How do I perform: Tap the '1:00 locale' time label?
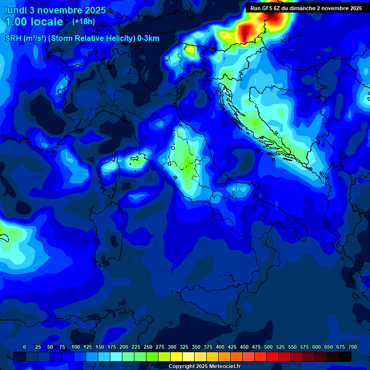(x=34, y=22)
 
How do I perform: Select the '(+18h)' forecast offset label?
(x=83, y=21)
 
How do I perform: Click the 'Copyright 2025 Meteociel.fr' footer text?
(x=204, y=366)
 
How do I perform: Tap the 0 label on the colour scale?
(x=25, y=347)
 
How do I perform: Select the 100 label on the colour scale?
(x=76, y=347)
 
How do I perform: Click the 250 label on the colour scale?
(x=148, y=347)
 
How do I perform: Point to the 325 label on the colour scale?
(x=184, y=347)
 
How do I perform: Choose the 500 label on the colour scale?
(x=268, y=347)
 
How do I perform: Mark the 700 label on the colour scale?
(x=352, y=347)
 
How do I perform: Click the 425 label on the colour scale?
(x=232, y=347)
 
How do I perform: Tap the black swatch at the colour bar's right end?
(x=345, y=357)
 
